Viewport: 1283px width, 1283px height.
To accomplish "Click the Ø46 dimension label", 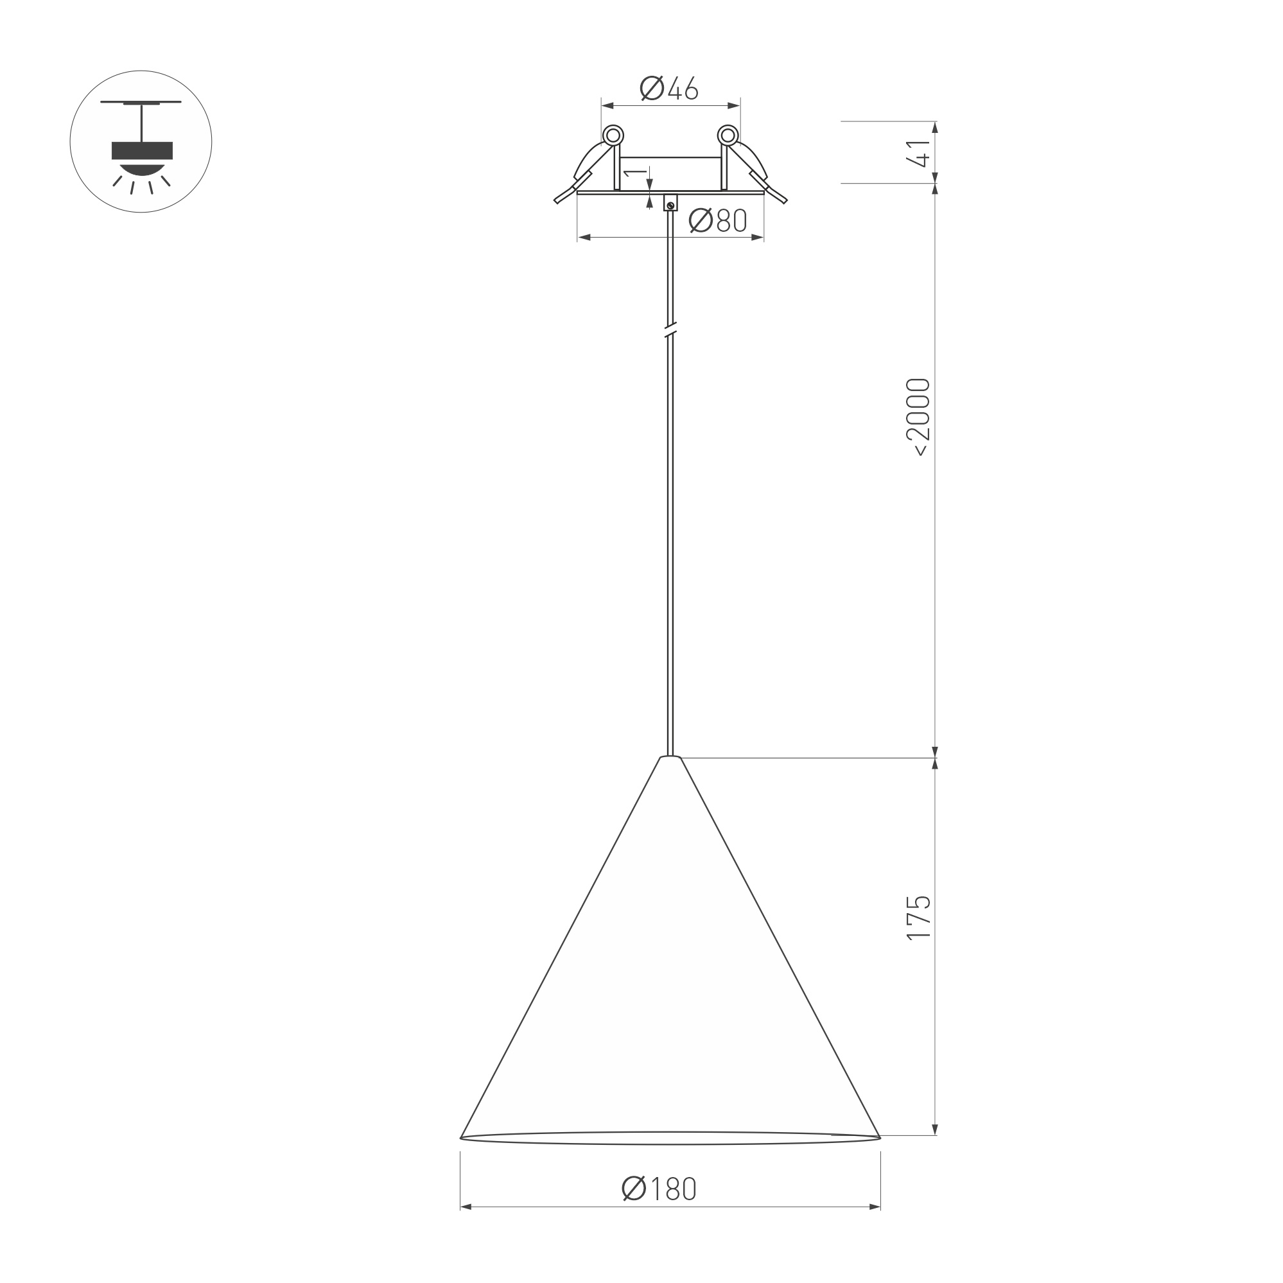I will pyautogui.click(x=669, y=89).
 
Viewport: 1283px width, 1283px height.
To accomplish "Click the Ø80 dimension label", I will pyautogui.click(x=718, y=220).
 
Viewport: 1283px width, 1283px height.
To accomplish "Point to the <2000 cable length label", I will pyautogui.click(x=919, y=417).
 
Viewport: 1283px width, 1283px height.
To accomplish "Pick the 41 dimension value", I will pyautogui.click(x=920, y=153).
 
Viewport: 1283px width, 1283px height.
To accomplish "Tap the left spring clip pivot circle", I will pyautogui.click(x=614, y=135).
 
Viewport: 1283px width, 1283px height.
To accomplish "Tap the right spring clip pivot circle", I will pyautogui.click(x=728, y=135).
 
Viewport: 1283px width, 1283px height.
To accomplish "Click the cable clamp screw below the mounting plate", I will pyautogui.click(x=671, y=205).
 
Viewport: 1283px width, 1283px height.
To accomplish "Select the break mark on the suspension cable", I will pyautogui.click(x=670, y=330).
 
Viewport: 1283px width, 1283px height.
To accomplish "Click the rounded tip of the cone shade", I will pyautogui.click(x=670, y=757).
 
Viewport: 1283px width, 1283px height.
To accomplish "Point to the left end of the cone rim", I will pyautogui.click(x=462, y=1138).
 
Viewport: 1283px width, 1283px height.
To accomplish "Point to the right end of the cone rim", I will pyautogui.click(x=879, y=1138).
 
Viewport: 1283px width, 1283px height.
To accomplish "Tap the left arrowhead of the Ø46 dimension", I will pyautogui.click(x=606, y=105).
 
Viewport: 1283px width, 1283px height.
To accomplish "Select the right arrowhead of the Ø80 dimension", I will pyautogui.click(x=758, y=237).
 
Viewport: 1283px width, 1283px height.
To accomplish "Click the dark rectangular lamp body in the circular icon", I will pyautogui.click(x=142, y=151).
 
